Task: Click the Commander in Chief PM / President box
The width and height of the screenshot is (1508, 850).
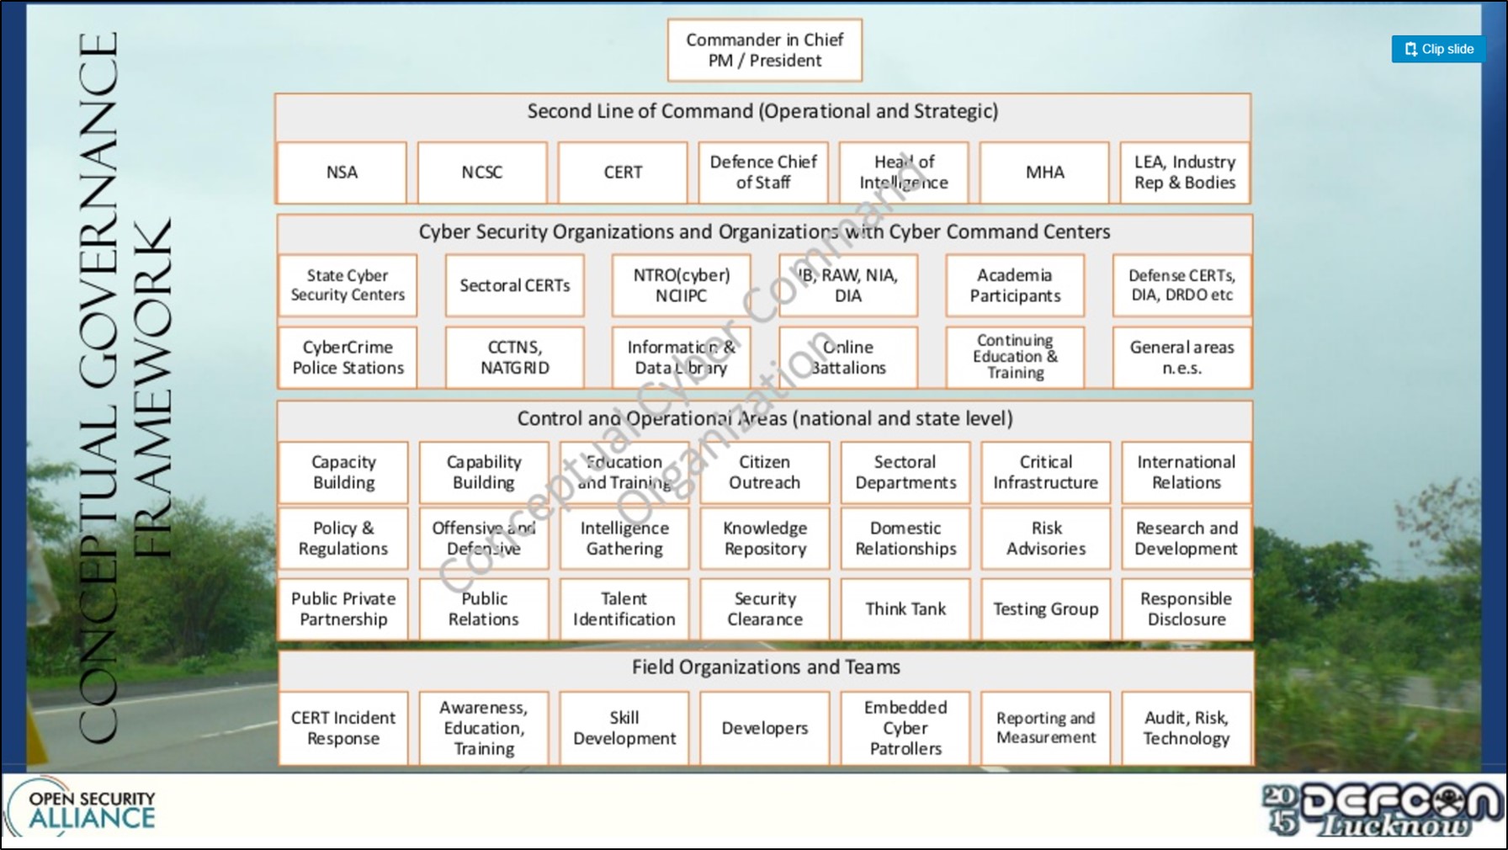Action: tap(764, 50)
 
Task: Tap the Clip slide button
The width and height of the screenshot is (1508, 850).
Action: tap(1438, 49)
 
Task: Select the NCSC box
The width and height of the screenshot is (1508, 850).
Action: tap(482, 173)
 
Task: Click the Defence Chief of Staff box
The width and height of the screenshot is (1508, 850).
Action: tap(763, 173)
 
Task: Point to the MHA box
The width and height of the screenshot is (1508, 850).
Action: tap(1044, 173)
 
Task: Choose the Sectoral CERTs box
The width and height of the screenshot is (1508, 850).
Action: tap(514, 286)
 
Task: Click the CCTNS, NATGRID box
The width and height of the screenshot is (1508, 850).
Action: tap(514, 358)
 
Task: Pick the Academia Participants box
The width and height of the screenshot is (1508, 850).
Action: tap(1015, 286)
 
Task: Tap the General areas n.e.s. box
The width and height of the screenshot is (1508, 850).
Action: tap(1181, 358)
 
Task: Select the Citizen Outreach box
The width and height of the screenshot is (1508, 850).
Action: tap(764, 472)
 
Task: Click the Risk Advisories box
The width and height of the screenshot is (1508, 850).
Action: tap(1046, 539)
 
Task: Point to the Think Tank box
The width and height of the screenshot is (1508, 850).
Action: tap(905, 608)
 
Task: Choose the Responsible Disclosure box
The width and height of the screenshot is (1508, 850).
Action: tap(1186, 608)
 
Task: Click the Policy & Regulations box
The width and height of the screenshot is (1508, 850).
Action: tap(343, 539)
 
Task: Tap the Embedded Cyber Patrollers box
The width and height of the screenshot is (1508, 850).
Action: tap(905, 728)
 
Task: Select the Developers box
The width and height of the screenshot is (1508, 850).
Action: tap(764, 728)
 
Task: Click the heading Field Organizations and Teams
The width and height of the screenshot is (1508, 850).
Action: tap(766, 667)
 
